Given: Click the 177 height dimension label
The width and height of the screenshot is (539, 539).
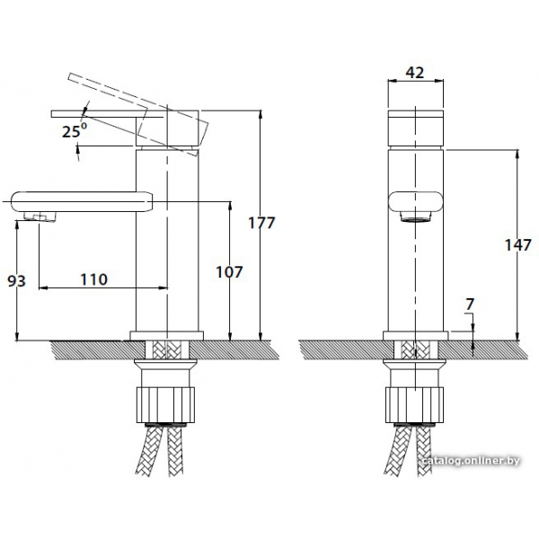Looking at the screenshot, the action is click(x=261, y=223).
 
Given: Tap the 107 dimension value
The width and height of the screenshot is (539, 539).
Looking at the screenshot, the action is click(x=229, y=272).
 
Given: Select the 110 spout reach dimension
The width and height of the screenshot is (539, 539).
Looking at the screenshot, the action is click(x=93, y=279).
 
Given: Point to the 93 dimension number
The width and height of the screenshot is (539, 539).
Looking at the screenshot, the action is click(x=16, y=281).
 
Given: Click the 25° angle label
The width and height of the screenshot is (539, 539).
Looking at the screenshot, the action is click(x=75, y=131).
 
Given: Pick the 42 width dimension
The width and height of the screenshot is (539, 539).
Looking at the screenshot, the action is click(x=415, y=73).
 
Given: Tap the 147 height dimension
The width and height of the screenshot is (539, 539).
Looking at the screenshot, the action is click(x=518, y=245).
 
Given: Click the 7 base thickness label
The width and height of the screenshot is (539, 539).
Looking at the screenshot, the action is click(x=470, y=304).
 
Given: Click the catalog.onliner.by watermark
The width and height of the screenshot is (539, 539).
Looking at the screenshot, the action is click(x=472, y=461).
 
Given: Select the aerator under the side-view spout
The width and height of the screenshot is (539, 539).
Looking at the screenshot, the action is click(x=40, y=216).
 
